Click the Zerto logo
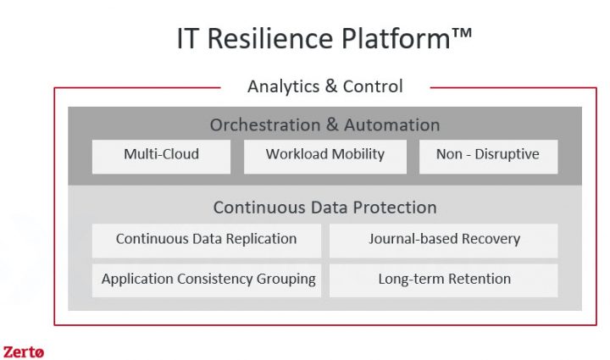tap(24, 352)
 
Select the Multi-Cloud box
tap(161, 157)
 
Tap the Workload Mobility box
tap(325, 157)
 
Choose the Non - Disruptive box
tap(488, 157)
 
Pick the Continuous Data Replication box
tap(207, 241)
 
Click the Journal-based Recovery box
tap(443, 241)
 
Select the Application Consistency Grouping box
tap(207, 280)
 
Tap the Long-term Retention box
tap(443, 280)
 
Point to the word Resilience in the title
tap(270, 38)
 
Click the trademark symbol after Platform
tap(462, 33)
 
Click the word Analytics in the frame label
tap(283, 86)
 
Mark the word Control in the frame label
tap(373, 86)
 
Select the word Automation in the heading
tap(391, 125)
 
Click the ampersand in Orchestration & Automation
tap(332, 125)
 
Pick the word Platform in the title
tap(396, 38)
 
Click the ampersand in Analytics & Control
tap(331, 86)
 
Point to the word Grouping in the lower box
tap(286, 280)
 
